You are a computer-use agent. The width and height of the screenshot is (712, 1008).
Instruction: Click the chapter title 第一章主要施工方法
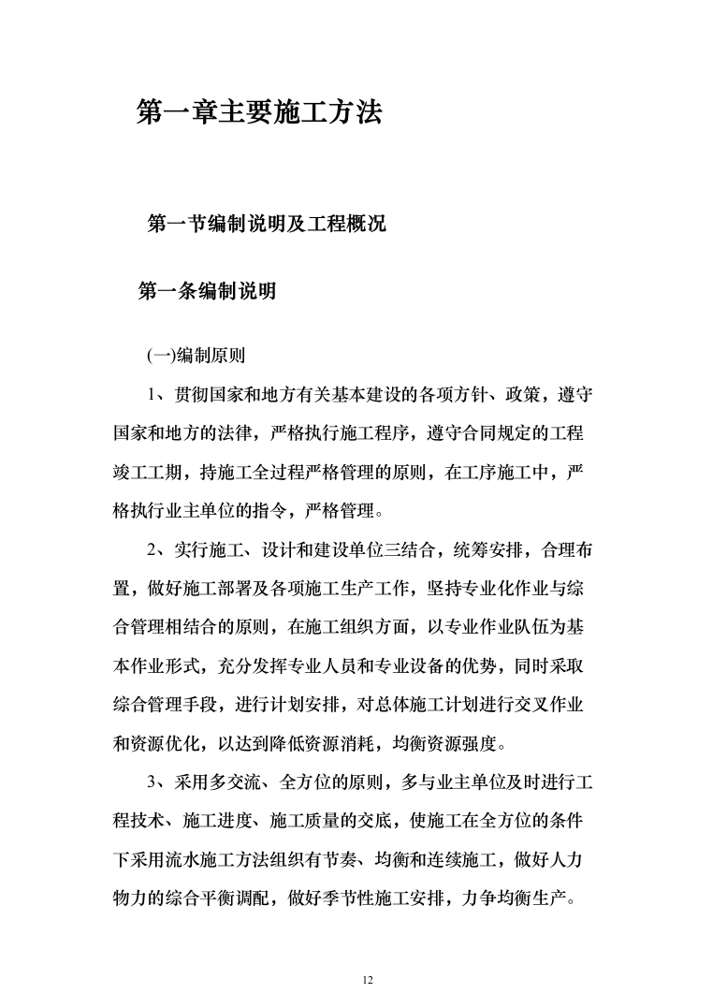(x=259, y=113)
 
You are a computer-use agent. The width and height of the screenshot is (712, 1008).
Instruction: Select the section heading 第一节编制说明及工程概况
(x=268, y=225)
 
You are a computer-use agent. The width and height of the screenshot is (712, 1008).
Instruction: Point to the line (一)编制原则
(x=196, y=355)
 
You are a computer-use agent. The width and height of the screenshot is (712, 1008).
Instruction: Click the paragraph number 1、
(x=159, y=394)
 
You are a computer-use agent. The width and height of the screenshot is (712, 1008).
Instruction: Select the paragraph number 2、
(x=159, y=550)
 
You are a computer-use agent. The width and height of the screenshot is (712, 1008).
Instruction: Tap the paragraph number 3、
(x=159, y=782)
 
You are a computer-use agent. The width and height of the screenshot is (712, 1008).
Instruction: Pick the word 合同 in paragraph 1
(x=465, y=433)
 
